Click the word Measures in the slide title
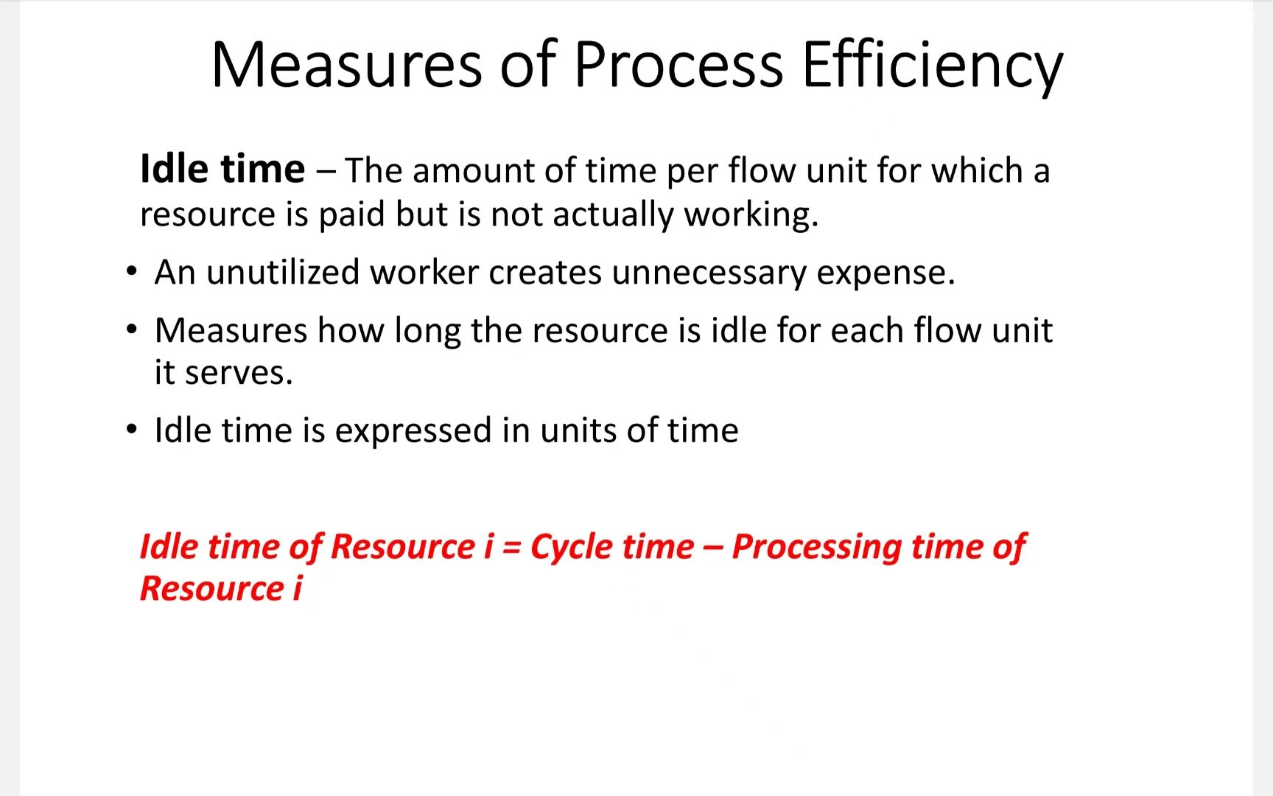346,65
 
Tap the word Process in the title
678,65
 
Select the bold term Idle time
222,169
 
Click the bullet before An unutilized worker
132,271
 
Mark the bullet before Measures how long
132,329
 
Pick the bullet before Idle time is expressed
132,429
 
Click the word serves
238,374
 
